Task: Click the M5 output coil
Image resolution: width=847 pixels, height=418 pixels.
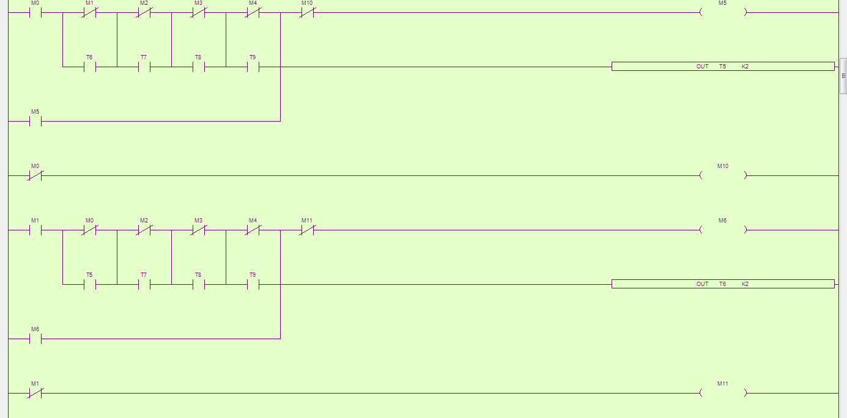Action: tap(723, 12)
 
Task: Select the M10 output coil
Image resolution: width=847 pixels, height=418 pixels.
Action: tap(723, 175)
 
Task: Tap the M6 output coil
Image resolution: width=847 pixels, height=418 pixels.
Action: tap(723, 230)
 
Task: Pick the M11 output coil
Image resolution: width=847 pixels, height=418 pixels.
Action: tap(723, 393)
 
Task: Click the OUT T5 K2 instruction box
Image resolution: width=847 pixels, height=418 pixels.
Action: tap(723, 66)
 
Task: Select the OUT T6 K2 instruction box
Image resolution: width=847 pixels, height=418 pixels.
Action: tap(723, 284)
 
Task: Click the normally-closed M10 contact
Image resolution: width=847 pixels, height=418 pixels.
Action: tap(307, 12)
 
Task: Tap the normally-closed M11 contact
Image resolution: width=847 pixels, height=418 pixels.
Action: tap(307, 230)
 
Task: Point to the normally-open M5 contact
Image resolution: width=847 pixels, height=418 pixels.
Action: tap(35, 121)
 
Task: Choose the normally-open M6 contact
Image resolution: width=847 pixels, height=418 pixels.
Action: tap(35, 339)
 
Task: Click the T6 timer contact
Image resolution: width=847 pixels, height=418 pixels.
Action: tap(89, 67)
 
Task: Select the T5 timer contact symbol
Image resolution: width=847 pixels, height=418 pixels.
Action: tap(89, 284)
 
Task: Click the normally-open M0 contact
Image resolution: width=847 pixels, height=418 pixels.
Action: tap(35, 12)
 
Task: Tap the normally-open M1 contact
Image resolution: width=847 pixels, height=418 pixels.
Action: tap(35, 230)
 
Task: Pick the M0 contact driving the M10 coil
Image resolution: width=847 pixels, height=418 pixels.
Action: tap(35, 176)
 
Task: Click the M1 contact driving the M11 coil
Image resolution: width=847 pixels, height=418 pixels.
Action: tap(35, 393)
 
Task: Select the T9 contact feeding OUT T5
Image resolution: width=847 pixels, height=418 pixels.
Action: tap(253, 67)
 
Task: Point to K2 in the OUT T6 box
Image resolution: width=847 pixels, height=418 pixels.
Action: tap(745, 284)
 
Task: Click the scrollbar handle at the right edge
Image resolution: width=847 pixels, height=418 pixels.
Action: tap(843, 76)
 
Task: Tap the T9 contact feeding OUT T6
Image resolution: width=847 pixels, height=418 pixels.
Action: tap(253, 284)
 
